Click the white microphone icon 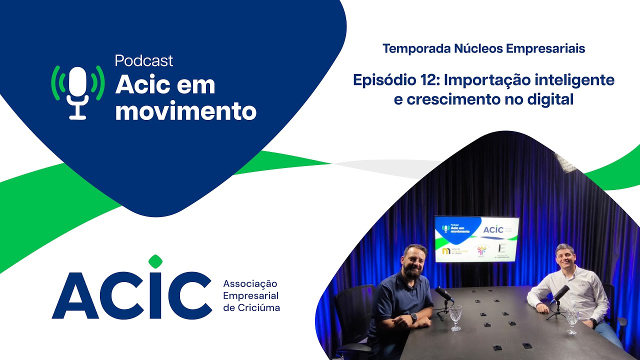78,93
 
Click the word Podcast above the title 144,60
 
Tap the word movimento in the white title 186,111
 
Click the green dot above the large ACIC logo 155,261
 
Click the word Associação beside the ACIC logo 250,284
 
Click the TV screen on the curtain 476,238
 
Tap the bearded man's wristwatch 414,317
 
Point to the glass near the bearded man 455,317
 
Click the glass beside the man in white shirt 572,320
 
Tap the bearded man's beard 413,270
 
